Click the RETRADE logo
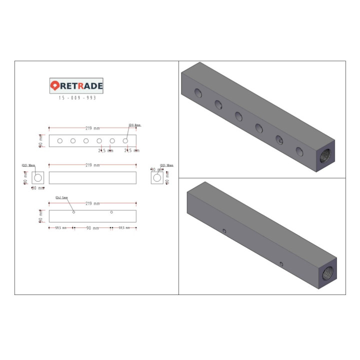[76, 85]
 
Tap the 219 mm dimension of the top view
[92, 128]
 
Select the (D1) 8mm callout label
[134, 125]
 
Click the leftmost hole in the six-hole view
[60, 141]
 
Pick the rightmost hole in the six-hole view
[125, 141]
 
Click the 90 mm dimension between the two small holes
[92, 228]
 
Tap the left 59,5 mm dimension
[61, 228]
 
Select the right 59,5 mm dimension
[124, 228]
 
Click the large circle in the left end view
[38, 177]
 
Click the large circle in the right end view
[157, 177]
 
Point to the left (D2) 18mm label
[28, 165]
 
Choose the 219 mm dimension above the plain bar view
[92, 165]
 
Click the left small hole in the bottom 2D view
[74, 212]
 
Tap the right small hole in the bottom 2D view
[111, 212]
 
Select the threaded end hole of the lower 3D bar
[329, 273]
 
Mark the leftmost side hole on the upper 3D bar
[198, 92]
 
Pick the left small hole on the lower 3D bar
[224, 231]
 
